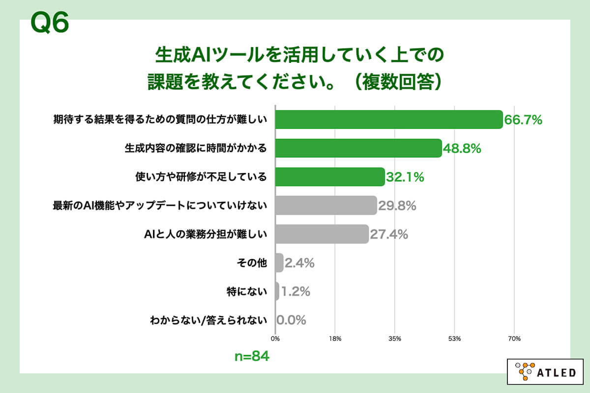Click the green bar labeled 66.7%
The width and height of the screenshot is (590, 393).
(388, 119)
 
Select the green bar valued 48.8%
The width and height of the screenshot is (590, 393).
(358, 148)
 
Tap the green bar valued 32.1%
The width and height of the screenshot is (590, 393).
(329, 177)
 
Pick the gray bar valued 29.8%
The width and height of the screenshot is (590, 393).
(325, 205)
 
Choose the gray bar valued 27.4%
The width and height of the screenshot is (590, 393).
(322, 234)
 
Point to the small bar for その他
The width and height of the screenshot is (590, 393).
(279, 263)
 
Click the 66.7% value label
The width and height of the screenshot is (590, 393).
(523, 119)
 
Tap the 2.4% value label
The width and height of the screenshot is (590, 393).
(299, 263)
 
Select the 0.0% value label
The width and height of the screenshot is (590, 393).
(292, 320)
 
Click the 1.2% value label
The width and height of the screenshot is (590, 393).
(295, 292)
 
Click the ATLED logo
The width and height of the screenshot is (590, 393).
(545, 372)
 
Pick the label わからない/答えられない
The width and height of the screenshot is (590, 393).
(208, 320)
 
